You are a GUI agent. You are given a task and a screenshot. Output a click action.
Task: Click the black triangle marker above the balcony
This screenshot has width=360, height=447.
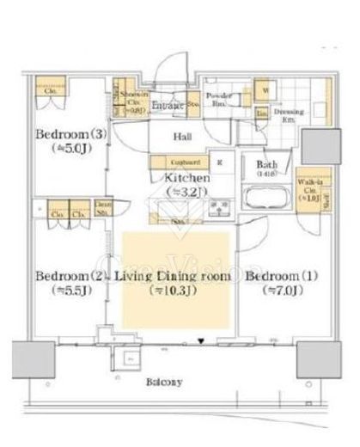[x=201, y=340]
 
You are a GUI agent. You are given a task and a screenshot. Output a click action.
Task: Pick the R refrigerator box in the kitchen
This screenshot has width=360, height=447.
[x=220, y=162]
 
